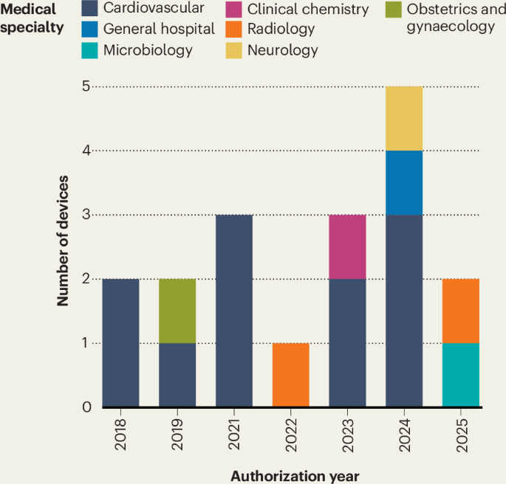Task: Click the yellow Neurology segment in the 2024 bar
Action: pos(404,118)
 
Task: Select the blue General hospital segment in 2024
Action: pos(404,182)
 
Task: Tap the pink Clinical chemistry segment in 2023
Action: pos(347,246)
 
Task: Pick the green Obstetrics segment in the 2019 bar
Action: pos(177,311)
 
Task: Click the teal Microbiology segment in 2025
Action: pos(461,375)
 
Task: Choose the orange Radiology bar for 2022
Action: pos(291,375)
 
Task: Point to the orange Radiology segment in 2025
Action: pos(461,311)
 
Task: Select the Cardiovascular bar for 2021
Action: pos(234,311)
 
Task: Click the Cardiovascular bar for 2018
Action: pos(120,343)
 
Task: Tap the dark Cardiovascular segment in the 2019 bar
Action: pos(177,375)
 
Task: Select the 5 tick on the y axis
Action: pos(86,86)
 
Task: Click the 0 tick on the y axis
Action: pos(86,407)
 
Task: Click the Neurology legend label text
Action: pos(283,50)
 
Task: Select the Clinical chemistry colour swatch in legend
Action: pos(233,10)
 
